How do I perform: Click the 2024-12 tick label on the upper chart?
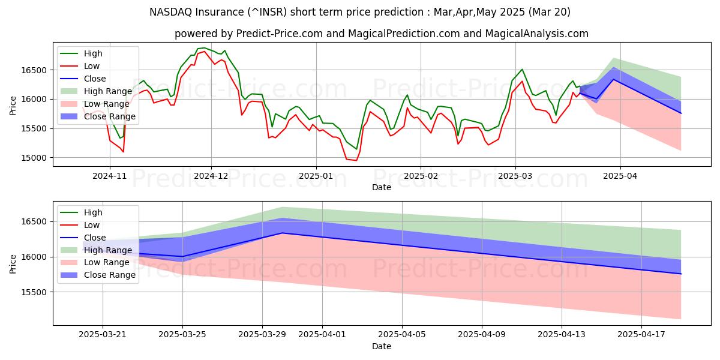pyautogui.click(x=212, y=176)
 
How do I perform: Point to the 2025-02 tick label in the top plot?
pyautogui.click(x=420, y=176)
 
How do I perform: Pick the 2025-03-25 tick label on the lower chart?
pyautogui.click(x=182, y=335)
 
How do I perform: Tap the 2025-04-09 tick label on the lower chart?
pyautogui.click(x=482, y=335)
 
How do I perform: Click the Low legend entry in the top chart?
pyautogui.click(x=92, y=66)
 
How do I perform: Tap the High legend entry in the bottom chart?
pyautogui.click(x=93, y=212)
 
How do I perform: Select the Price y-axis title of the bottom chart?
pyautogui.click(x=13, y=263)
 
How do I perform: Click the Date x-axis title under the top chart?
pyautogui.click(x=382, y=187)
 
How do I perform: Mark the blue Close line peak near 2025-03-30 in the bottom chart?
pyautogui.click(x=282, y=233)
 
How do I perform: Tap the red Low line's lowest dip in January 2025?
pyautogui.click(x=356, y=160)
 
